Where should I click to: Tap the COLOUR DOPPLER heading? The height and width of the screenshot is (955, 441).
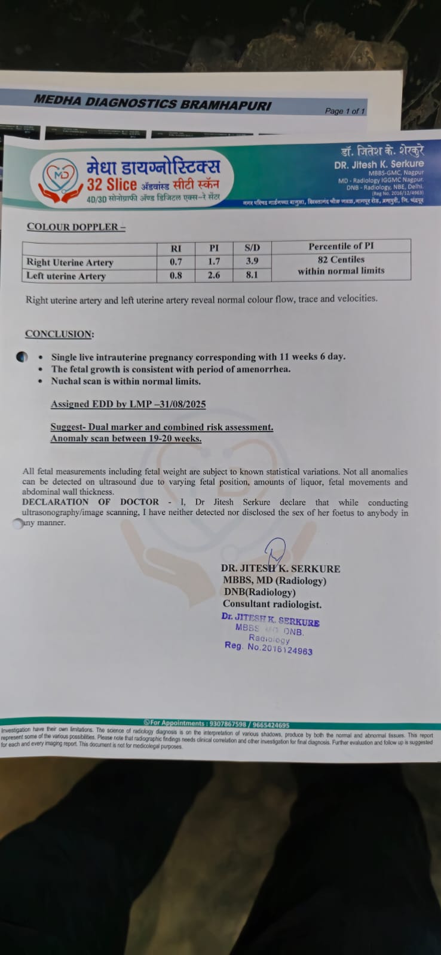[76, 227]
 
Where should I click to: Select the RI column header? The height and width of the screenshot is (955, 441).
[176, 248]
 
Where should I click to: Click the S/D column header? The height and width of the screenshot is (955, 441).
[252, 248]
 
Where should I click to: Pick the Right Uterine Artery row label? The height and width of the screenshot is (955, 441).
[70, 262]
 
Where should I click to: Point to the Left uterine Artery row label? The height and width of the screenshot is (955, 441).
[66, 276]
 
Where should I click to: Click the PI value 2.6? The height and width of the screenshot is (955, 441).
[214, 275]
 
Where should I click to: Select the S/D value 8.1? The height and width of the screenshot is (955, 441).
[252, 275]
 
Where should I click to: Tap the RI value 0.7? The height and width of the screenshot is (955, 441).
[176, 262]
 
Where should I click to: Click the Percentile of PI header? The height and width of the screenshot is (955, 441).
[341, 246]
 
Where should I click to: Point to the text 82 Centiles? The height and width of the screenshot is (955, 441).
[341, 260]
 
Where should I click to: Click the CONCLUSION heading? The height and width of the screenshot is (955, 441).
[59, 334]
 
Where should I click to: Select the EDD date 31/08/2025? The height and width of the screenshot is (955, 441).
[182, 404]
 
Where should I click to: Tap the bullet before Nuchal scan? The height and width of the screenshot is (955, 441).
[39, 381]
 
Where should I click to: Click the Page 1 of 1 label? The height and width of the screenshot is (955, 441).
[345, 111]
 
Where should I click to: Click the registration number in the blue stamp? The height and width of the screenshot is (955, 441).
[280, 649]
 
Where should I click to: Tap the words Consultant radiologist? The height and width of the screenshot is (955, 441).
[272, 604]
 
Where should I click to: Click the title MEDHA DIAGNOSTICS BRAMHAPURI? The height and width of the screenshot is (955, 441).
[152, 103]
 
